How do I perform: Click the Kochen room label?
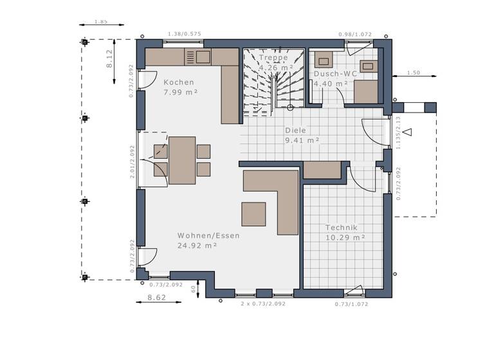(178, 82)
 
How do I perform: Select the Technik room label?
(341, 228)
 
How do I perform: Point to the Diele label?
(296, 130)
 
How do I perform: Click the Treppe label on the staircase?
(273, 57)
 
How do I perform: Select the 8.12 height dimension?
(109, 59)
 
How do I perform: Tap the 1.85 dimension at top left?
(100, 22)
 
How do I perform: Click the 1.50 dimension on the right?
(414, 73)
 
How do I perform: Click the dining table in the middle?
(182, 160)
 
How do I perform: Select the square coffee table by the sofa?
(253, 214)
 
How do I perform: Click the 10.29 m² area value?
(345, 237)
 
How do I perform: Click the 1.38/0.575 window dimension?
(185, 34)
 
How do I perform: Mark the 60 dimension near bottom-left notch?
(194, 289)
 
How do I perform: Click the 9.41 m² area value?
(302, 139)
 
